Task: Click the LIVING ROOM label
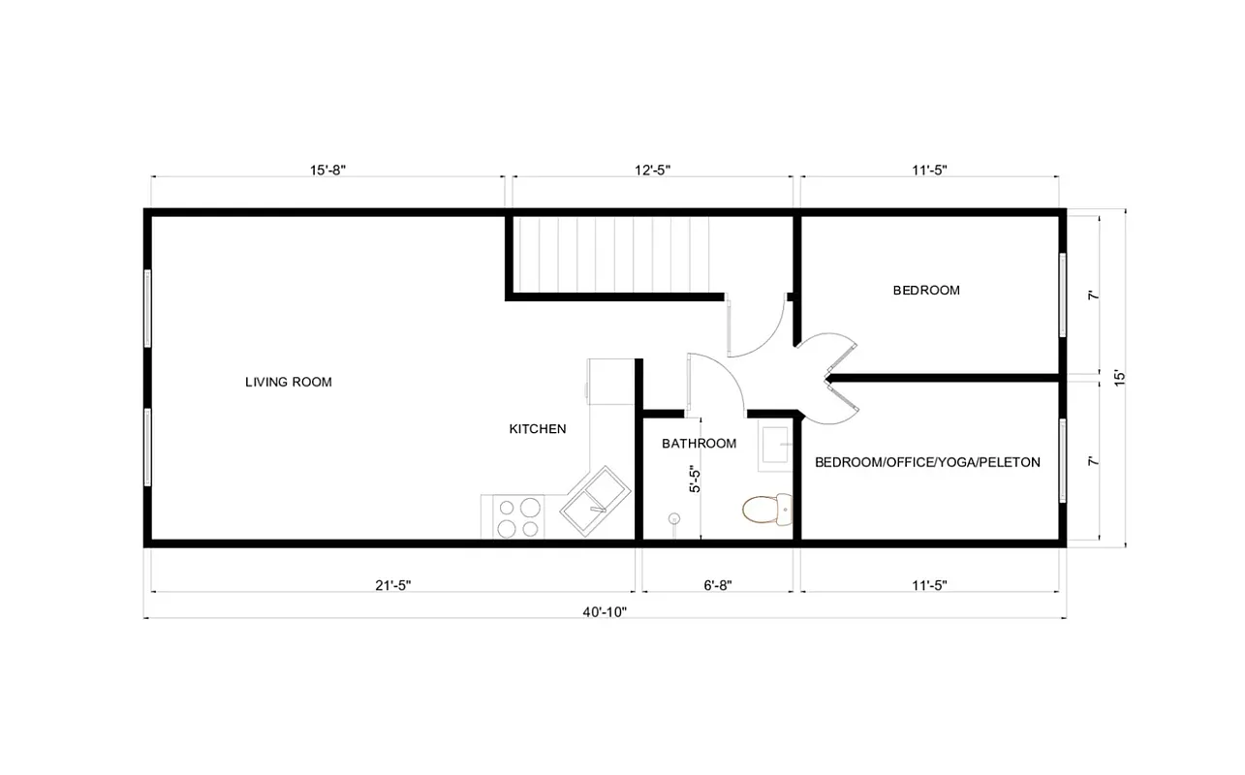click(x=288, y=383)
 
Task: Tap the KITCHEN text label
click(x=538, y=429)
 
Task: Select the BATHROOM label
click(x=699, y=444)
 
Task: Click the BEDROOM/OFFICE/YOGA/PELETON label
click(x=927, y=463)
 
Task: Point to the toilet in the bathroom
click(x=767, y=509)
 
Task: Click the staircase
click(x=610, y=254)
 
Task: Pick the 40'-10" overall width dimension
click(x=606, y=611)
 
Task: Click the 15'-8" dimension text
click(x=327, y=170)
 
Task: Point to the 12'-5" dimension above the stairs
click(x=652, y=170)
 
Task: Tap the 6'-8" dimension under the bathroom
click(x=717, y=585)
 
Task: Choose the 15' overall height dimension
click(x=1120, y=378)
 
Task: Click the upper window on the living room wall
click(x=147, y=308)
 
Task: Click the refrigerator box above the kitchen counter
click(x=610, y=381)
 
